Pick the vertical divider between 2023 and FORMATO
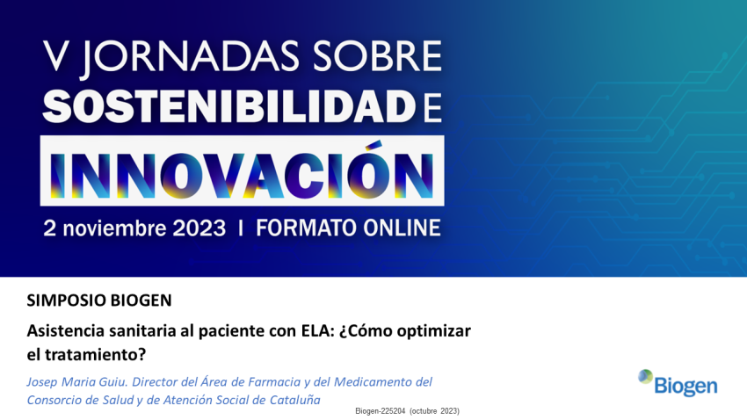pyautogui.click(x=241, y=228)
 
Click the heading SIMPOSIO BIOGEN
pyautogui.click(x=99, y=300)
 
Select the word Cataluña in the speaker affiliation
pyautogui.click(x=289, y=400)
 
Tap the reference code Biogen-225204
pyautogui.click(x=380, y=411)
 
